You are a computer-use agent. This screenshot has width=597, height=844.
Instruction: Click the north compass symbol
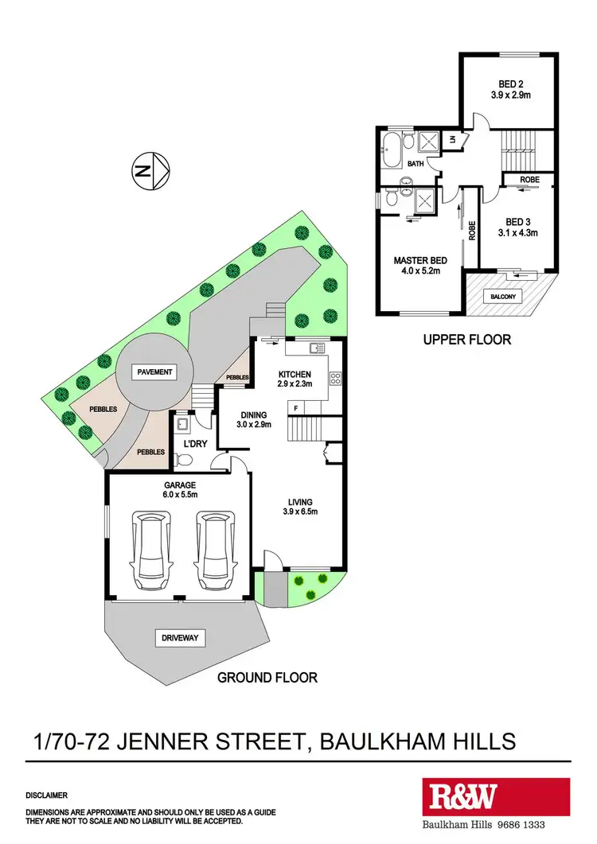point(150,170)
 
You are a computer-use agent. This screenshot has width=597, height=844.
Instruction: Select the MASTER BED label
point(420,261)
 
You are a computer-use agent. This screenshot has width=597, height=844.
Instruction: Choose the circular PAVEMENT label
point(154,371)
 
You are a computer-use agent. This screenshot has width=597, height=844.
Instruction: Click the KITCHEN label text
point(294,375)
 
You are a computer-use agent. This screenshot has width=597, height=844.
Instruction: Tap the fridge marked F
point(296,408)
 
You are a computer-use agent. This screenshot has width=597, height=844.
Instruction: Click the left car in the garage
point(152,546)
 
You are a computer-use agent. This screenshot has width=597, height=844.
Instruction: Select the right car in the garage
point(213,546)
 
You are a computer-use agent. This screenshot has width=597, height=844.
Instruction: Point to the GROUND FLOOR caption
point(268,678)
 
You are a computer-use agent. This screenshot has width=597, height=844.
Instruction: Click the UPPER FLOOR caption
point(467,340)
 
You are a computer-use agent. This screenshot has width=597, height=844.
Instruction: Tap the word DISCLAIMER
point(46,795)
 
